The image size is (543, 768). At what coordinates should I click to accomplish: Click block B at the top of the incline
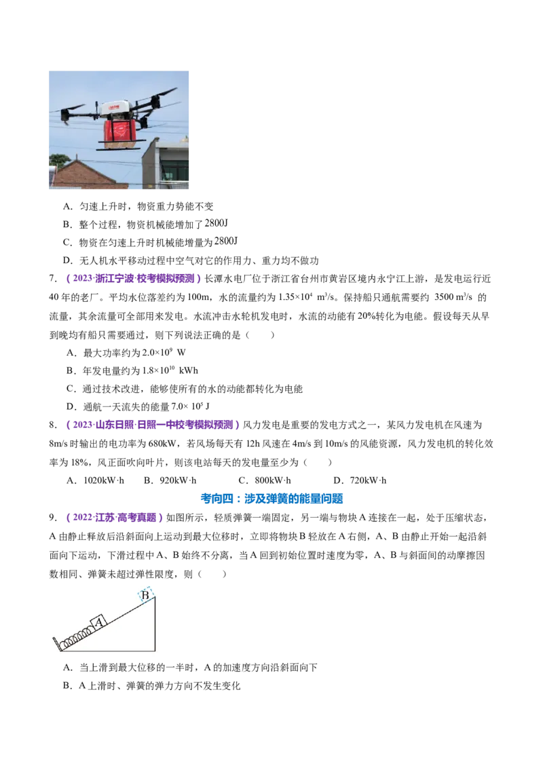point(145,595)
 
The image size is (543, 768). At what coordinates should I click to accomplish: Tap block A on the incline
point(100,622)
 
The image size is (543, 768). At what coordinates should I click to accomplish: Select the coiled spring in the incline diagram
point(77,636)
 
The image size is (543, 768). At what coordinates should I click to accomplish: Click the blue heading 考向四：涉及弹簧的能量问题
point(271,499)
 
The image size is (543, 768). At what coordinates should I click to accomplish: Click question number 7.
point(54,279)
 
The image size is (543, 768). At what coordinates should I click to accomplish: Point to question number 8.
point(54,425)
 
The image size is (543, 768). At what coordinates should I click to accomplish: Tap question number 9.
point(54,518)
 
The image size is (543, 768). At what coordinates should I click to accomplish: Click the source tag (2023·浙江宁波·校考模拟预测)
point(133,279)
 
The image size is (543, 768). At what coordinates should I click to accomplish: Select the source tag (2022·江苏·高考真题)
point(114,518)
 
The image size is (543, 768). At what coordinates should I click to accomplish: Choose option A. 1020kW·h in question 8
point(96,480)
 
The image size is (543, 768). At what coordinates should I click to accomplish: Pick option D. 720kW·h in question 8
point(360,480)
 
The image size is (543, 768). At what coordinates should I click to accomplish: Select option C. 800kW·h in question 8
point(265,480)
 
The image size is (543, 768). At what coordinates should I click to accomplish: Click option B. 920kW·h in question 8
point(170,480)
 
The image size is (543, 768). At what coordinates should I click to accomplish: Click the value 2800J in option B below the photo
point(217,223)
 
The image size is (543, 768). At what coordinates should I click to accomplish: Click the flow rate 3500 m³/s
point(453,297)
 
